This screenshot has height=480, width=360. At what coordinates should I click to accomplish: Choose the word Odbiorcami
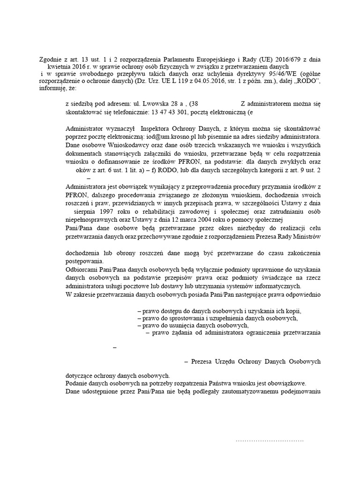click(x=83, y=270)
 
